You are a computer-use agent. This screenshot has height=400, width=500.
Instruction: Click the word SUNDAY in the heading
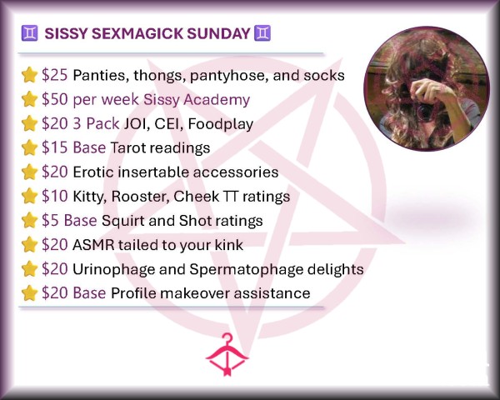click(x=218, y=33)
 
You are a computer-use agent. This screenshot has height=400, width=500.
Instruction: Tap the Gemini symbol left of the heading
click(x=30, y=33)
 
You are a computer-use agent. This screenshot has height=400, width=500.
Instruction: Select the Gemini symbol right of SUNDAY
click(x=262, y=33)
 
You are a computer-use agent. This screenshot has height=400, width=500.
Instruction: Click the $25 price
click(x=54, y=75)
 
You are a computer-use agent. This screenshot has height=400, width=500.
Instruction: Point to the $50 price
click(x=54, y=99)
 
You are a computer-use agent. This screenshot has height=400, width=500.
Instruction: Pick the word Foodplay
click(x=221, y=124)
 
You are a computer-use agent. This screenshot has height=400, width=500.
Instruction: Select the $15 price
click(x=54, y=147)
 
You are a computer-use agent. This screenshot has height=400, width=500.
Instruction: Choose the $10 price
click(x=54, y=196)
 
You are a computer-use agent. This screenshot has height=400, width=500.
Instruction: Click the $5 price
click(x=50, y=220)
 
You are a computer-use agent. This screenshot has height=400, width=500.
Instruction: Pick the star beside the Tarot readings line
click(x=29, y=147)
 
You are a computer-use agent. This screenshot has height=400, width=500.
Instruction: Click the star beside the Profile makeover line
click(x=29, y=293)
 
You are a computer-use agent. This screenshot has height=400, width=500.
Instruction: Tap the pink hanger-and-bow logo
click(x=227, y=354)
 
